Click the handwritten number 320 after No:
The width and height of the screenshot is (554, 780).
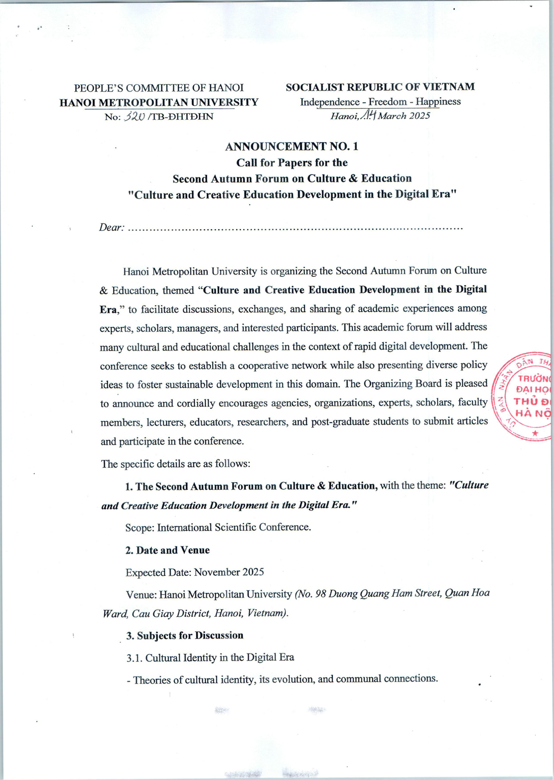coord(135,117)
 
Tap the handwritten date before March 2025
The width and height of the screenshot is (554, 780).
coord(368,115)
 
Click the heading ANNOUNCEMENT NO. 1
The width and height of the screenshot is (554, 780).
coord(291,146)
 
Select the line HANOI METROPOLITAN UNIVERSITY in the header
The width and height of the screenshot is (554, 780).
coord(159,102)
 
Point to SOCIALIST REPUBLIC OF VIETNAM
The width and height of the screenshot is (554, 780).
coord(380,87)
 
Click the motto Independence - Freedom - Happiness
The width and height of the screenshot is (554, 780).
coord(380,102)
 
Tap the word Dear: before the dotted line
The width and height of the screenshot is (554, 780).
coord(111,227)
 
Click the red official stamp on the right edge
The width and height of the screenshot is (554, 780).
coord(524,396)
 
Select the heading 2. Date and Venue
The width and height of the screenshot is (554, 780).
coord(167,550)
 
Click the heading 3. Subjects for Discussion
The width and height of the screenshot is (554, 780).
coord(184,636)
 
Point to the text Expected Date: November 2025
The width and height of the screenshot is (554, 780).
coord(194,572)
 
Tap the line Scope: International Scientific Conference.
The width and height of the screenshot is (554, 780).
coord(218,528)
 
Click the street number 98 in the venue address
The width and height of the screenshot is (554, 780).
coord(320,594)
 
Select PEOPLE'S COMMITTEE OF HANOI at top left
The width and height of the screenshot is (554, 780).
coord(159,88)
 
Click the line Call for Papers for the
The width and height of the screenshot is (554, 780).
coord(292,163)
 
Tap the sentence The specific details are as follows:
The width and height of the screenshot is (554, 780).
coord(176,464)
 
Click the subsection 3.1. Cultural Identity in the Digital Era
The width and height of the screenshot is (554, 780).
coord(211,658)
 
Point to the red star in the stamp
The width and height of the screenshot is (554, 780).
coord(534,432)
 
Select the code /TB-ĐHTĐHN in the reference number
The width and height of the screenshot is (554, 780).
coord(181,117)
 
